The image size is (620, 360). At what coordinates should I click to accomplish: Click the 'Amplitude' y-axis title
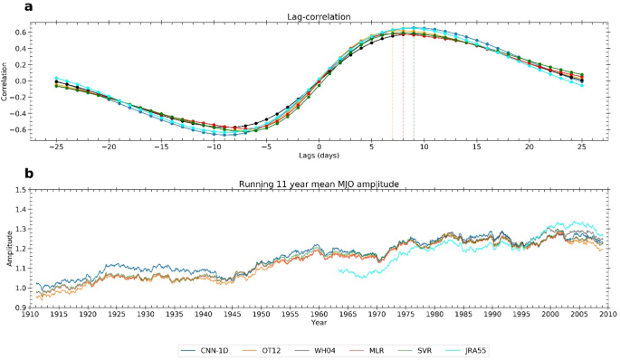pos(8,249)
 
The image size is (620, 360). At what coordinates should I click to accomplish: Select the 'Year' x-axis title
pos(319,321)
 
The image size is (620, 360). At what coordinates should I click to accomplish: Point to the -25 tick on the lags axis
pos(56,147)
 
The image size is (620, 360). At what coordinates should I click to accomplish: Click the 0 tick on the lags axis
pos(319,147)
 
